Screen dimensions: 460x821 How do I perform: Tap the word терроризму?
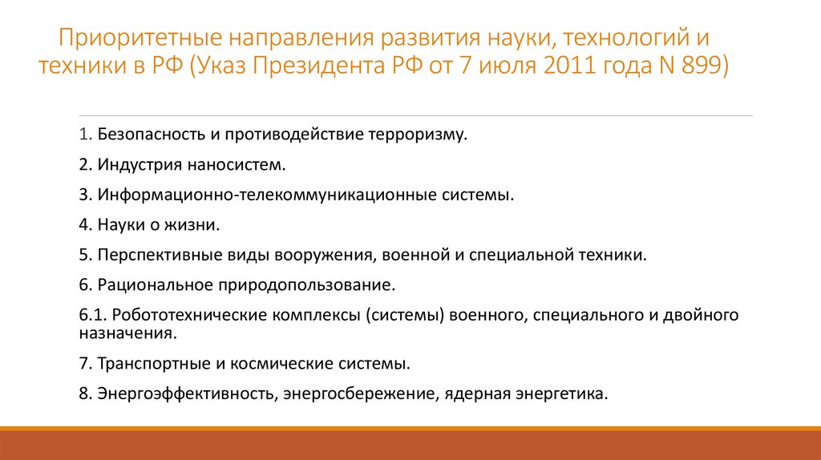[x=417, y=134]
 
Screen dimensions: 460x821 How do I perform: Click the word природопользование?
[x=304, y=285]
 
